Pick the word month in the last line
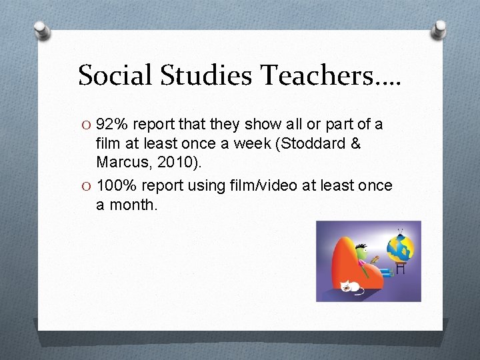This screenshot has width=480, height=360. coord(136,205)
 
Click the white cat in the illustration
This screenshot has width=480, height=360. coord(351,287)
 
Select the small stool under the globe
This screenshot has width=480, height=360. coord(401,269)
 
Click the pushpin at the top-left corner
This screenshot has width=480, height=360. coord(41,29)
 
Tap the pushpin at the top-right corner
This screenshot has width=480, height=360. coord(439,29)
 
